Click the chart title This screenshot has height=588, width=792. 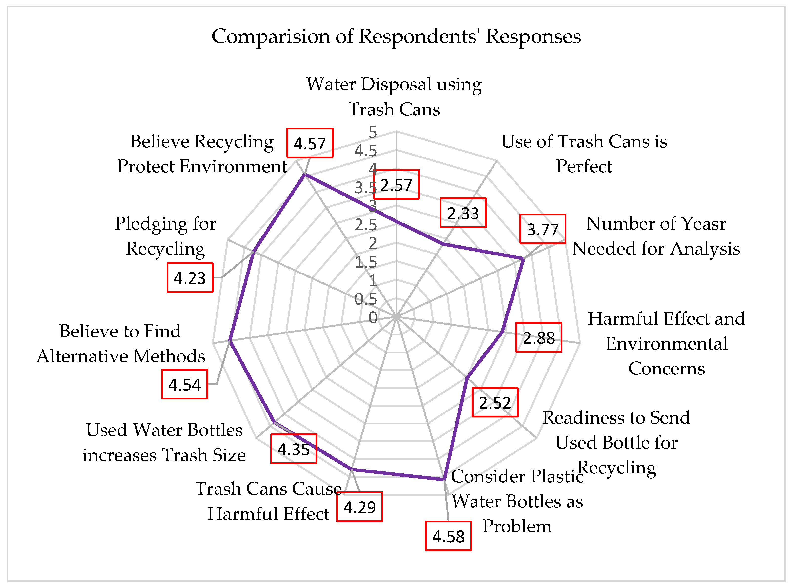coord(396,36)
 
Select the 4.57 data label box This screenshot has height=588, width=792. coord(310,143)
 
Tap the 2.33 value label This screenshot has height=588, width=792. coord(463,213)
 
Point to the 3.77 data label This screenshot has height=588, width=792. coord(542,229)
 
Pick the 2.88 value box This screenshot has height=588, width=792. coord(538,337)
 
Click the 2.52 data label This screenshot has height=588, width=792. coord(495,402)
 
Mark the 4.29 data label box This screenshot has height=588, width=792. coord(359,507)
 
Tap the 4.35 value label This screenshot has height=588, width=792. coord(293,449)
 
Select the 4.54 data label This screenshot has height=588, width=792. coord(184,384)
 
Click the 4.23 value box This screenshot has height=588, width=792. coord(190,278)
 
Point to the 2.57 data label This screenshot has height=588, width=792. coord(396,184)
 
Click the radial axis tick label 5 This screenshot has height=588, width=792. coord(372,132)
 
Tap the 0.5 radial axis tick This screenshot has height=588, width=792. coord(366,299)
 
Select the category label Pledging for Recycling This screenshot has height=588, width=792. coord(165,236)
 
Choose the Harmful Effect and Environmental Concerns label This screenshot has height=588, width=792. coord(666,343)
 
